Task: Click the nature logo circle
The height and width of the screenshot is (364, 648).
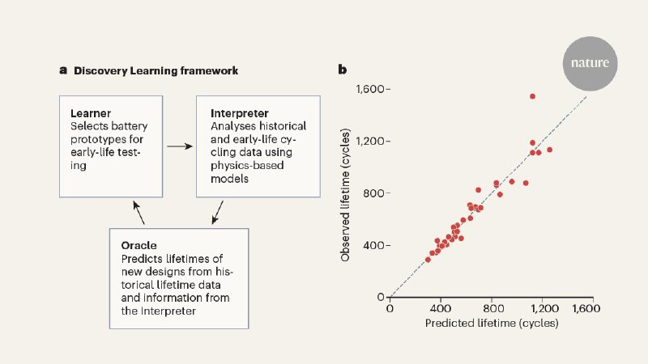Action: click(x=590, y=62)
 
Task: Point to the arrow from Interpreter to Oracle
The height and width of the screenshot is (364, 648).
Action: click(x=216, y=214)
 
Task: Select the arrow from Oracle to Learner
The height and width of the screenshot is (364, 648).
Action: click(x=140, y=214)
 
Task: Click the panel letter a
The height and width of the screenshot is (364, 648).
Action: click(x=62, y=70)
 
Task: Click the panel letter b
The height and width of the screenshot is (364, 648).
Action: click(x=343, y=70)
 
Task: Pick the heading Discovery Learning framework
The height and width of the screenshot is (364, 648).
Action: click(x=156, y=70)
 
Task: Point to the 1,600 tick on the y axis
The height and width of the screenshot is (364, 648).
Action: click(x=371, y=89)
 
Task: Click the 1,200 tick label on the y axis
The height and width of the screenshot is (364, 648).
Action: click(x=371, y=141)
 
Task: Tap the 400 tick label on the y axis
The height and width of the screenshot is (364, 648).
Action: click(x=375, y=245)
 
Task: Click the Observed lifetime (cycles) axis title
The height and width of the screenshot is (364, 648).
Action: click(x=345, y=193)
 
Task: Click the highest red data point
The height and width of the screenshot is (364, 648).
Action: click(x=532, y=96)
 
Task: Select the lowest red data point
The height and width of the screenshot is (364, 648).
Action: click(x=428, y=259)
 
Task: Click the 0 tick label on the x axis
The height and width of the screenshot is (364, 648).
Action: click(x=390, y=308)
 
